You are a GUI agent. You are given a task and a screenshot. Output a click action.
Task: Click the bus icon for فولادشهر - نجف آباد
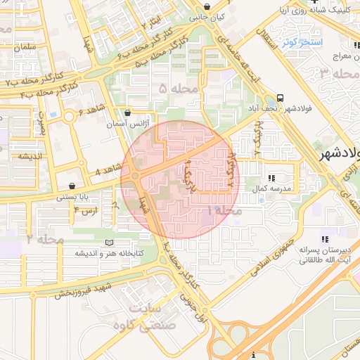281,98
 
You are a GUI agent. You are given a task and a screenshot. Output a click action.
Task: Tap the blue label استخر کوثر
302,43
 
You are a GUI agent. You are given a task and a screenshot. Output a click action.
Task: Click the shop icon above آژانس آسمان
127,112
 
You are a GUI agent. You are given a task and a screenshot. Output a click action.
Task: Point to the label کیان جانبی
210,15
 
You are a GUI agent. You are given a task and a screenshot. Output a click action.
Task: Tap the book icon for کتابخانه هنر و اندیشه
108,243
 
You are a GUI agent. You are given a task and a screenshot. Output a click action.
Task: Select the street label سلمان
24,46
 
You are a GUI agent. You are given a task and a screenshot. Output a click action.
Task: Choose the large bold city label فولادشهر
337,154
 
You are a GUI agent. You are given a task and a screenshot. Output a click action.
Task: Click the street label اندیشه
24,156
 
